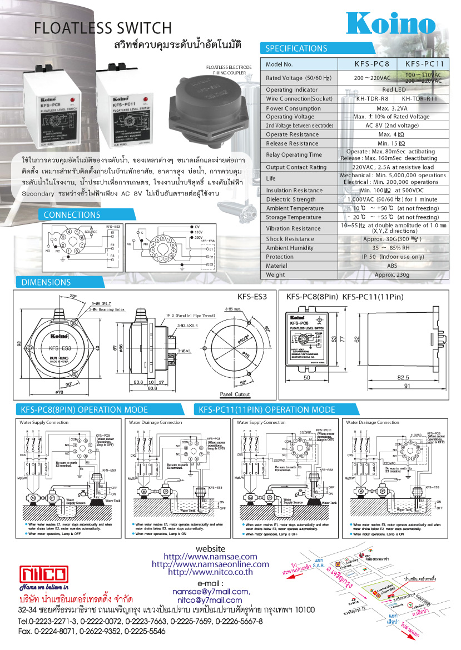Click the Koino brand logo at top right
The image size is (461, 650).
(391, 24)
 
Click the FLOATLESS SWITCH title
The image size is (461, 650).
(103, 28)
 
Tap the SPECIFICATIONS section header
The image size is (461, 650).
(296, 48)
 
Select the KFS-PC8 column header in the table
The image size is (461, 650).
(372, 64)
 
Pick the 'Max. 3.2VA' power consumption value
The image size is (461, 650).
(391, 108)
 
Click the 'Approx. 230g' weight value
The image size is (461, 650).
(391, 274)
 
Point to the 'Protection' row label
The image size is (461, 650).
(280, 257)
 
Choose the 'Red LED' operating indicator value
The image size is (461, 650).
(391, 89)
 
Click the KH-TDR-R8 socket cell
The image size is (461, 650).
(372, 99)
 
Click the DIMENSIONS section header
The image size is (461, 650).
(46, 282)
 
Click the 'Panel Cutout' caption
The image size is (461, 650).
(235, 394)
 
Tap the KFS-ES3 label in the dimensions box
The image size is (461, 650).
(252, 297)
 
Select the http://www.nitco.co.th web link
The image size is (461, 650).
(210, 572)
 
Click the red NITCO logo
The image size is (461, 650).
(44, 574)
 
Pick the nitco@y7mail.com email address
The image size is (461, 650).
(210, 600)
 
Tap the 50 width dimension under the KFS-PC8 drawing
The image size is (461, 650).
(306, 377)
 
